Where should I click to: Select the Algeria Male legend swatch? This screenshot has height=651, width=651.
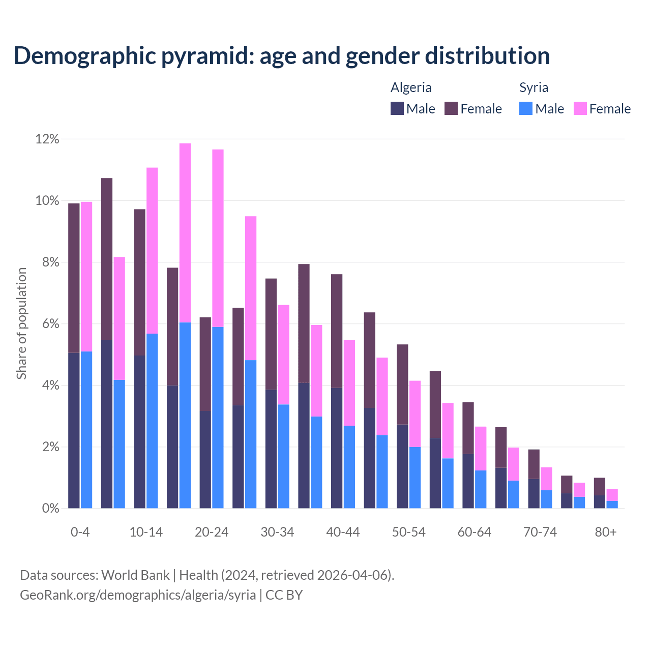[x=397, y=108]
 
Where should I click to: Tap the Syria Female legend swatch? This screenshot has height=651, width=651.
[x=580, y=108]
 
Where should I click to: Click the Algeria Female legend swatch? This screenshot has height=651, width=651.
[x=451, y=108]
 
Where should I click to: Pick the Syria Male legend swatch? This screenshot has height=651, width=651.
[x=526, y=108]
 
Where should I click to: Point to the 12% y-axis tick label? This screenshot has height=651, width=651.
[x=47, y=139]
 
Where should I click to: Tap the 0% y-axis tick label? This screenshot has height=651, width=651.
[x=50, y=509]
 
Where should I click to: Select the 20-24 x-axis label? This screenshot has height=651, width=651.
[x=212, y=532]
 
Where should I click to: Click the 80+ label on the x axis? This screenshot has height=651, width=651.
[x=606, y=532]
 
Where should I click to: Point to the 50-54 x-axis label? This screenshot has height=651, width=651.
[x=409, y=532]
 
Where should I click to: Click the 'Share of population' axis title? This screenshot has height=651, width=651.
[x=21, y=323]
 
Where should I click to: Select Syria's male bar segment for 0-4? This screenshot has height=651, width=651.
[x=86, y=430]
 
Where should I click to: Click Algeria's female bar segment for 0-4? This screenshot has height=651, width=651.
[x=74, y=278]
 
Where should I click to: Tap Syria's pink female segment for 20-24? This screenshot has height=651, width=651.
[x=218, y=238]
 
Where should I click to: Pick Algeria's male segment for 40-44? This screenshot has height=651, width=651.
[x=337, y=448]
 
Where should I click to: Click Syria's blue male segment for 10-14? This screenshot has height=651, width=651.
[x=152, y=421]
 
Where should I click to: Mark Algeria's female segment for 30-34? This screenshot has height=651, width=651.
[x=271, y=334]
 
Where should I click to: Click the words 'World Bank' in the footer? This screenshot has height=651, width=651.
[x=135, y=575]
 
